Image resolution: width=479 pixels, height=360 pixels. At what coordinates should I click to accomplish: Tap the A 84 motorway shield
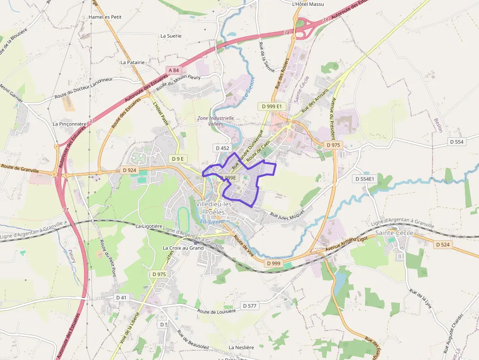pyautogui.click(x=174, y=70)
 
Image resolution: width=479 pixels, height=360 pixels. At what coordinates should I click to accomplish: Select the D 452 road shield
pyautogui.click(x=221, y=148)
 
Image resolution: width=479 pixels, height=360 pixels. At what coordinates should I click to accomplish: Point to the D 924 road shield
pyautogui.click(x=129, y=170)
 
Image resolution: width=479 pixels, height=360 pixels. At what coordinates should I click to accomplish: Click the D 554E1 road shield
pyautogui.click(x=364, y=179)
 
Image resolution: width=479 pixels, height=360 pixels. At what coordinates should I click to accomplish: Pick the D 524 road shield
pyautogui.click(x=442, y=244)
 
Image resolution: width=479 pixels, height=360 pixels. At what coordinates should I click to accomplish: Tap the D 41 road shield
pyautogui.click(x=122, y=297)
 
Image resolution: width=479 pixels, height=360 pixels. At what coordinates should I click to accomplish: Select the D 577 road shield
pyautogui.click(x=249, y=306)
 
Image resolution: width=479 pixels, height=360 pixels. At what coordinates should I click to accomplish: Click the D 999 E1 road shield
pyautogui.click(x=272, y=106)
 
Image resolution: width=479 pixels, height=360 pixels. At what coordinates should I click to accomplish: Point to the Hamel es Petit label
pyautogui.click(x=105, y=17)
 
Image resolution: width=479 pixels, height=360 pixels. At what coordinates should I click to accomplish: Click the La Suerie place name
pyautogui.click(x=171, y=36)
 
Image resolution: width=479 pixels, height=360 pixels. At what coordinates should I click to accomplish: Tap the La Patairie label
pyautogui.click(x=132, y=63)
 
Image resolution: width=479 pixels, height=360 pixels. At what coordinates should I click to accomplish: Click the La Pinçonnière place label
pyautogui.click(x=69, y=124)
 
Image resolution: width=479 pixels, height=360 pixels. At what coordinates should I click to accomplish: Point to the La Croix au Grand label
pyautogui.click(x=183, y=248)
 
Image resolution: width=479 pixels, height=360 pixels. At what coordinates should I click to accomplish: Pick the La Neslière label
pyautogui.click(x=241, y=347)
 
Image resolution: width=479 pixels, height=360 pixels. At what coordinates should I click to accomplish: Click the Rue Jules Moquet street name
pyautogui.click(x=287, y=214)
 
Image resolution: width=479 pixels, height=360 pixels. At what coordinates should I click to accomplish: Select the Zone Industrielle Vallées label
pyautogui.click(x=216, y=121)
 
